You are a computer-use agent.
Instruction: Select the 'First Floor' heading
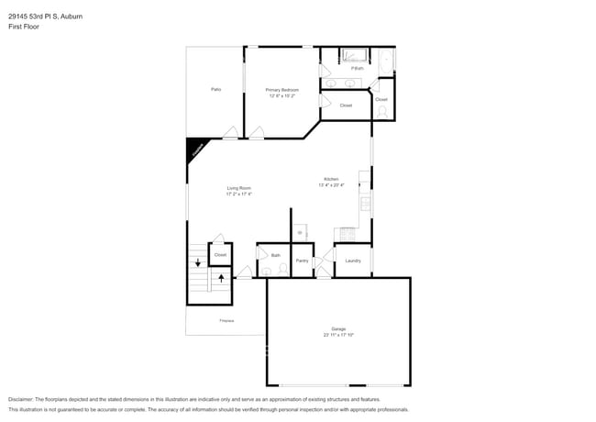tap(24, 28)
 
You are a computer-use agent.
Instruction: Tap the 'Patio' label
tap(215, 89)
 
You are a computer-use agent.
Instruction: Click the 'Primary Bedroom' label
tap(282, 90)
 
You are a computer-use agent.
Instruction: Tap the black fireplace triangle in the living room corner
tap(194, 149)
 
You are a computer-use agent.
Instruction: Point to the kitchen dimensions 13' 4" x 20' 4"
tap(331, 185)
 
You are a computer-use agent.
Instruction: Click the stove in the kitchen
tap(348, 234)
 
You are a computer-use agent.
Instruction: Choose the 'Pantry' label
tap(302, 261)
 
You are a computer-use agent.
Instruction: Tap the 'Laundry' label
tap(352, 261)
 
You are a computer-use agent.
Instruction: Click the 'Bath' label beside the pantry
tap(275, 255)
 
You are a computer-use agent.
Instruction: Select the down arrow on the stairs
tap(197, 262)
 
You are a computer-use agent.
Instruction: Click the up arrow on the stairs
tap(220, 275)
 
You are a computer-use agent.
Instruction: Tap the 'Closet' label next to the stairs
tap(220, 254)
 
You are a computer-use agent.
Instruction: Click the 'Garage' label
tap(338, 328)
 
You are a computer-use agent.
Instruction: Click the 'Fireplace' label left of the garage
tap(226, 320)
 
